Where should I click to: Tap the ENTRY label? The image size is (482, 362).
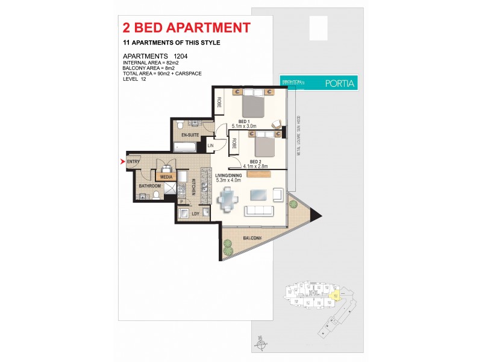[x=133, y=162]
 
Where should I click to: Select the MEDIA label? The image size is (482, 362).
[x=166, y=177]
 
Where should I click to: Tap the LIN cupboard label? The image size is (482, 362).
[x=210, y=145]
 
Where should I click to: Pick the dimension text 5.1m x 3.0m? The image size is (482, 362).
[x=245, y=126]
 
